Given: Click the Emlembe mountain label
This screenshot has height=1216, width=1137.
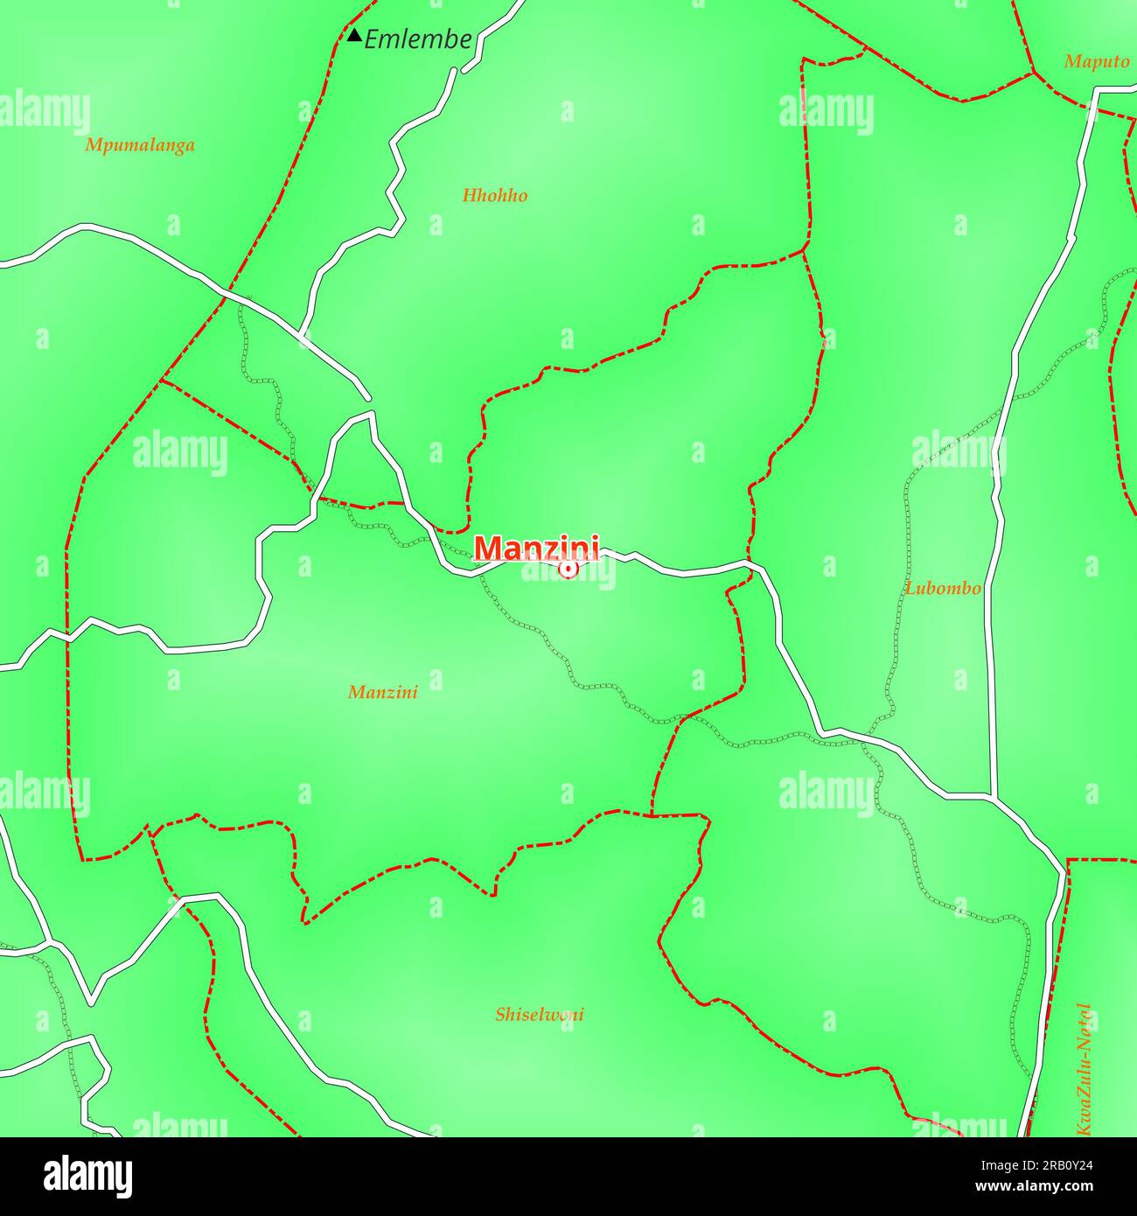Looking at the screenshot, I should pos(417,39).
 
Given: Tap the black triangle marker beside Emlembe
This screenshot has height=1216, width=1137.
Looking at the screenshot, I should pos(354,36).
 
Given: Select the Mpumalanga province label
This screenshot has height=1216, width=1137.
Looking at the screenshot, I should pos(140,145).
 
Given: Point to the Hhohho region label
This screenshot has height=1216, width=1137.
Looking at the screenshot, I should pos(495,196).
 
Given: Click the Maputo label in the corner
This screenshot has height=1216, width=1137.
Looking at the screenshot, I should pos(1097,62).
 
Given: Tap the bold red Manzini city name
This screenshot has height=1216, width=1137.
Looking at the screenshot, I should pos(536,548).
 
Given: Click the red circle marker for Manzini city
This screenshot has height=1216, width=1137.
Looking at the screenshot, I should pos(568,570).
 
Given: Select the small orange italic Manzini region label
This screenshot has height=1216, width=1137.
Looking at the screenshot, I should pos(383,693).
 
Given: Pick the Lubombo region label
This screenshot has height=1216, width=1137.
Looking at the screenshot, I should pos(943,588).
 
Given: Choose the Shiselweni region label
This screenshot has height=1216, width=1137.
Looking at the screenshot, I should pos(540,1015).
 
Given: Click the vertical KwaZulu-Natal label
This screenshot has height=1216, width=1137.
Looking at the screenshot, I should pos(1085,1069).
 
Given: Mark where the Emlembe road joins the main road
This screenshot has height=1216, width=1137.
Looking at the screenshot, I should pos(301,335).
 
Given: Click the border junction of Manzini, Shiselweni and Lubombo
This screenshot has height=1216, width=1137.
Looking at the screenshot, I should pos(652,814).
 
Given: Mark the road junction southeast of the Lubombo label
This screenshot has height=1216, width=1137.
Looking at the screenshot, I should pos(993,796).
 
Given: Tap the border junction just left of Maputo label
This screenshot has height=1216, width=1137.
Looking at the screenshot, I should pos(1033,72).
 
